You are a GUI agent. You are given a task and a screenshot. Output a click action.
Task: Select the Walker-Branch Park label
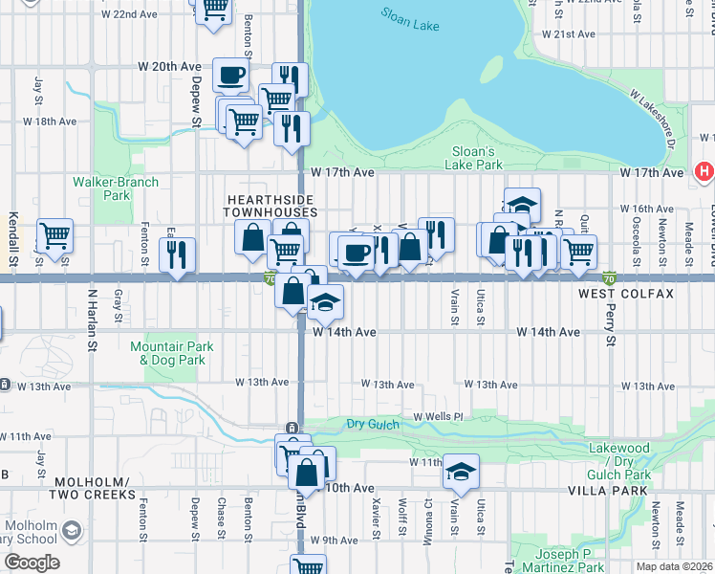pyautogui.click(x=116, y=188)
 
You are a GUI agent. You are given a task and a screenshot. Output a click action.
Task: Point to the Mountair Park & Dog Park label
pyautogui.click(x=172, y=353)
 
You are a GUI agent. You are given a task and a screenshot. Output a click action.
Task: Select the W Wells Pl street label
pyautogui.click(x=438, y=417)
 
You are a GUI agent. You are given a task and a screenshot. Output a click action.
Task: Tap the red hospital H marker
pyautogui.click(x=704, y=172)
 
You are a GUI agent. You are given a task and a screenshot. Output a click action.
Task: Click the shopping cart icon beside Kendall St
pyautogui.click(x=54, y=233)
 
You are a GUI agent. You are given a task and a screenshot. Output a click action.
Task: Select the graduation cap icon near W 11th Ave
pyautogui.click(x=460, y=470)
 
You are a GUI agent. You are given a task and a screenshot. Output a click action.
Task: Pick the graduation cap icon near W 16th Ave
pyautogui.click(x=522, y=204)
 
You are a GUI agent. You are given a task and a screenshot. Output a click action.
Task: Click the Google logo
pyautogui.click(x=32, y=563)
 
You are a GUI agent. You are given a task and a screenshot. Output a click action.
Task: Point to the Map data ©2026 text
pyautogui.click(x=675, y=566)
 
